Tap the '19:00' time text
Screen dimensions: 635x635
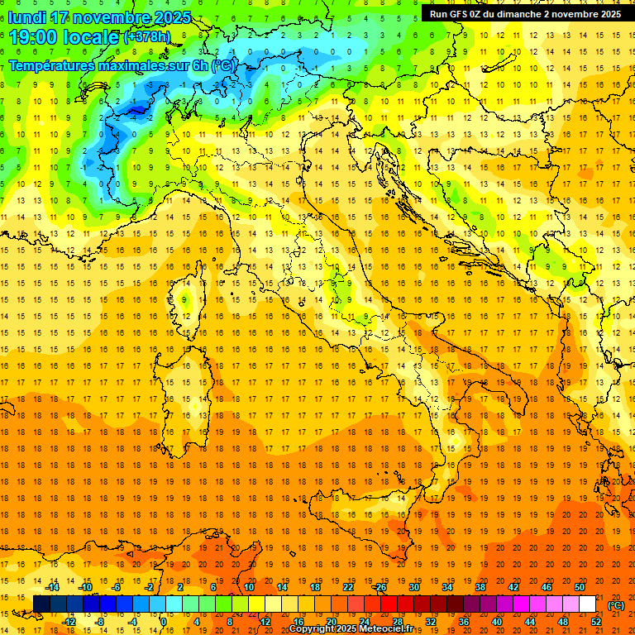[x=32, y=37]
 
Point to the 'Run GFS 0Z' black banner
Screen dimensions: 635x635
[x=525, y=13]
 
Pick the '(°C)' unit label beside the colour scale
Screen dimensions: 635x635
[x=617, y=605]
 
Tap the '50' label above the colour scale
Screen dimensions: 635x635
[x=579, y=586]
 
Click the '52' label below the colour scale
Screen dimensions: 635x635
[x=595, y=621]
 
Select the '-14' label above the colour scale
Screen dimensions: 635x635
[x=52, y=586]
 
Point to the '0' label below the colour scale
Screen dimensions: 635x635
[x=164, y=621]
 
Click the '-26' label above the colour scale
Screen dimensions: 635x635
[x=380, y=586]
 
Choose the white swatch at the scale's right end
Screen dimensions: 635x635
[x=587, y=604]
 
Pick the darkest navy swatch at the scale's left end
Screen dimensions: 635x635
[x=41, y=604]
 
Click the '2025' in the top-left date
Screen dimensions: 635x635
[x=173, y=17]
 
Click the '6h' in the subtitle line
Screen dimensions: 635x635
[x=198, y=65]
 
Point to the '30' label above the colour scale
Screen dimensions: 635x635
[x=413, y=586]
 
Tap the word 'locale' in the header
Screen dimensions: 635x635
[x=94, y=37]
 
